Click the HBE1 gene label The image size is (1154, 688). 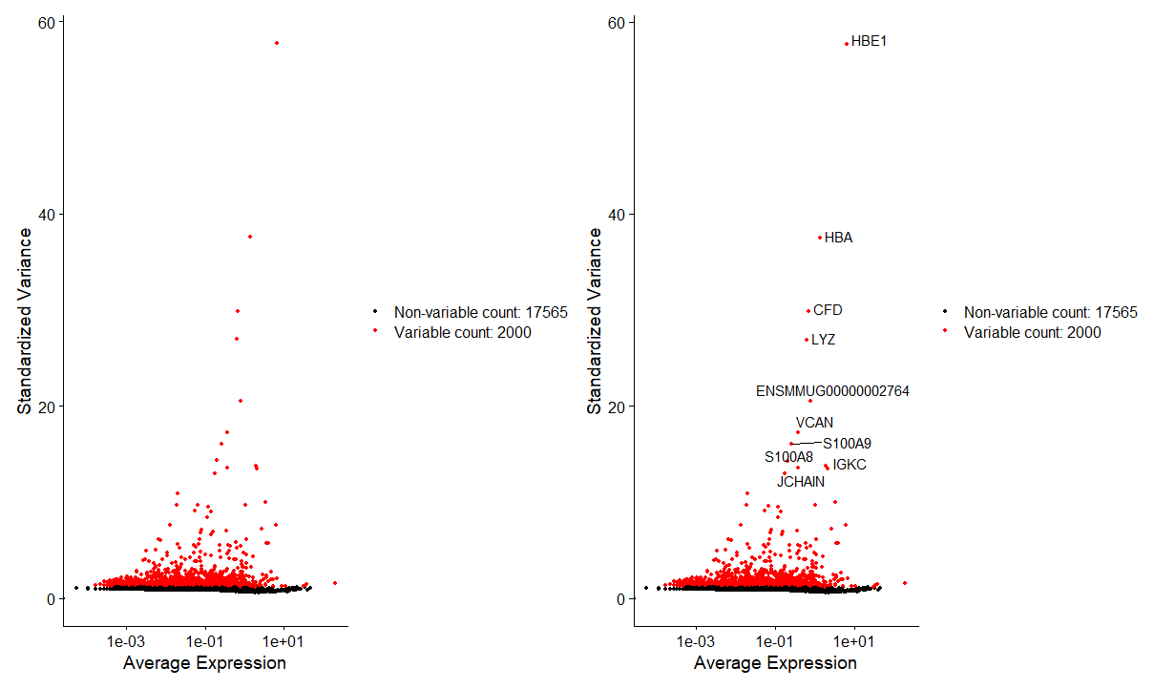tap(869, 42)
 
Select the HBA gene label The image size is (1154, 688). tap(838, 238)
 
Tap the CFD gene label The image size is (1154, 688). tap(828, 310)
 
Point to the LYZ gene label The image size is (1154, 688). tap(823, 340)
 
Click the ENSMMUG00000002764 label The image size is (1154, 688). tap(832, 391)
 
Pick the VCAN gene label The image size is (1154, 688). tap(814, 423)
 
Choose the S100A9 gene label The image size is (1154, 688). tap(847, 444)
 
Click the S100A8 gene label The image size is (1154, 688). tap(788, 457)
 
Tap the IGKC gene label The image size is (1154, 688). tap(850, 465)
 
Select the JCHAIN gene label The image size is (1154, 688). tap(800, 482)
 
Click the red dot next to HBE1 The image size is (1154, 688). tap(847, 43)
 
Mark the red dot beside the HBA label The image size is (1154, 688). tap(820, 238)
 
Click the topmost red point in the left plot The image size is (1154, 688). tap(277, 43)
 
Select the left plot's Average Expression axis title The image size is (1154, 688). tap(204, 663)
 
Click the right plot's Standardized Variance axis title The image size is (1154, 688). tap(595, 321)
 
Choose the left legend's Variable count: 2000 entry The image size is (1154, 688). tap(462, 332)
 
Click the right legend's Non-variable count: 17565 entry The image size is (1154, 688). tap(1050, 312)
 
